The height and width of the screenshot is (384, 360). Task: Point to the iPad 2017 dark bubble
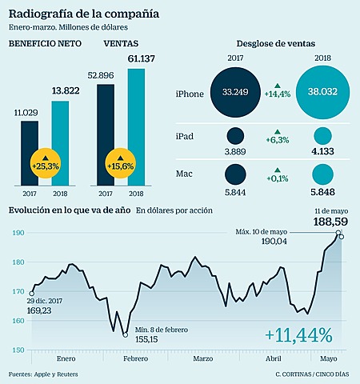(234, 137)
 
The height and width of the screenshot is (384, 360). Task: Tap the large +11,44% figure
(294, 333)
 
